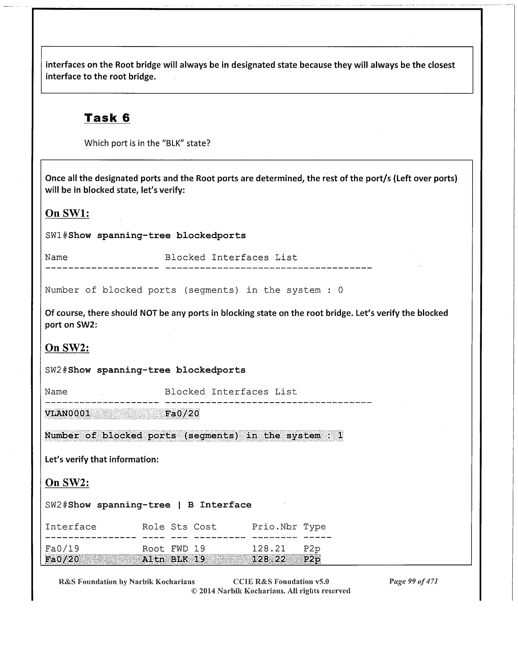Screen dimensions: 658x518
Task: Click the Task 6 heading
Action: pos(107,118)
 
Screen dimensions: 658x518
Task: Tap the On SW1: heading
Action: pos(67,213)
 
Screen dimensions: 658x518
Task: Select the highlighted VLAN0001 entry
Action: pos(68,413)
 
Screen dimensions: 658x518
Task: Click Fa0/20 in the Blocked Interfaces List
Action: pos(182,413)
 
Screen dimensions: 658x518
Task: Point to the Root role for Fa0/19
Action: pos(153,549)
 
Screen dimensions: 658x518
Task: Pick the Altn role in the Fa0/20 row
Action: pos(153,559)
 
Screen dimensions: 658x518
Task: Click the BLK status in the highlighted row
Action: pos(179,559)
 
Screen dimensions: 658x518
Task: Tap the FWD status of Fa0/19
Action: pos(179,549)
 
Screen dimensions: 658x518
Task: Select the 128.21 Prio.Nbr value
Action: pos(269,549)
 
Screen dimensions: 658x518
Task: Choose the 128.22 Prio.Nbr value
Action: pos(269,559)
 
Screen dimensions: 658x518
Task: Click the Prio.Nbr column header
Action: pos(274,527)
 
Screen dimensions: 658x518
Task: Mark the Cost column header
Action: pos(205,527)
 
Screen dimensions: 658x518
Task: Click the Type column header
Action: pos(315,527)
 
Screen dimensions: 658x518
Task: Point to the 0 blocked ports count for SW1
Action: pos(340,290)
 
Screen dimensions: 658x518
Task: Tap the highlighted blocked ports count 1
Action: pos(340,436)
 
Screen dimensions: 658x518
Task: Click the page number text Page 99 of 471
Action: pos(413,581)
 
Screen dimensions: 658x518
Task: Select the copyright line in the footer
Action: pos(271,591)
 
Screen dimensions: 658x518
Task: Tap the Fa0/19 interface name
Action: pos(62,549)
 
